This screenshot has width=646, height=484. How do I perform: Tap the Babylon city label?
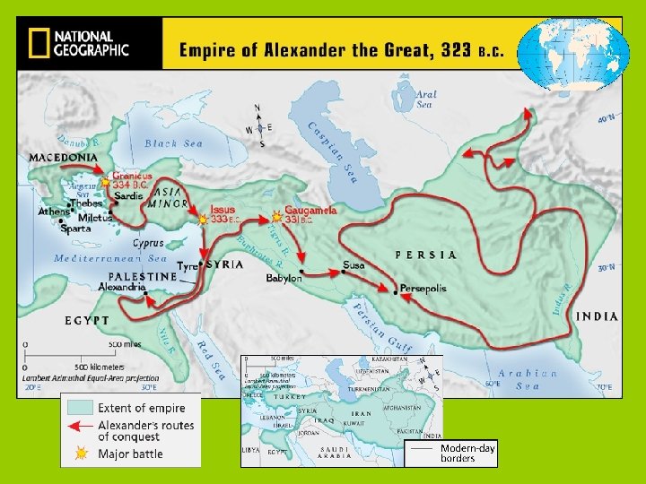(284, 279)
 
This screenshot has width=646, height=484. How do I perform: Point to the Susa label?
(354, 265)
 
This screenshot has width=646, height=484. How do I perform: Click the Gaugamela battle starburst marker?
(275, 217)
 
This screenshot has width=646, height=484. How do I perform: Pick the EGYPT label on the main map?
(87, 320)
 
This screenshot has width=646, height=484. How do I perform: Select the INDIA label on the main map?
(597, 315)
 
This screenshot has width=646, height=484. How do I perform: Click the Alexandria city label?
(121, 288)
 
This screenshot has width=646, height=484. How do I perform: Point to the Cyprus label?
(148, 243)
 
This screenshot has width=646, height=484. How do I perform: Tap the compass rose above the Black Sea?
(258, 125)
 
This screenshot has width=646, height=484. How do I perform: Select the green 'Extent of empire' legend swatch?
(81, 407)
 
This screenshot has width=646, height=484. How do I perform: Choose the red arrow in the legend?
(81, 427)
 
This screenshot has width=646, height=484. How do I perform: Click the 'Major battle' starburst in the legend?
(81, 454)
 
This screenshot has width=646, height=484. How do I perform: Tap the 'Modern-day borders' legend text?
(467, 453)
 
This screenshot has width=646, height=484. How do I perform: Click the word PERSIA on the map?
(426, 255)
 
